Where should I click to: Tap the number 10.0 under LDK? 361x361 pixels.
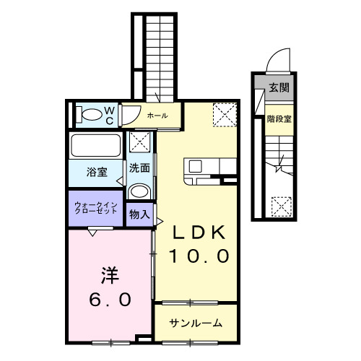pyautogui.click(x=199, y=256)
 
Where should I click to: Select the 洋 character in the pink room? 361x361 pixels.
pyautogui.click(x=109, y=275)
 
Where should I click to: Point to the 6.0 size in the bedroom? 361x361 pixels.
pyautogui.click(x=109, y=298)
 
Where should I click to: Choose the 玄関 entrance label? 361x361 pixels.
pyautogui.click(x=279, y=89)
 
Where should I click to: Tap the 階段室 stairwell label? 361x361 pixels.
pyautogui.click(x=279, y=119)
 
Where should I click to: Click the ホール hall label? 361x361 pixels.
pyautogui.click(x=157, y=116)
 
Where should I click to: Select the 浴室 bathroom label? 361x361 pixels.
pyautogui.click(x=97, y=172)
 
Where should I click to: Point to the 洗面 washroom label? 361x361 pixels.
pyautogui.click(x=140, y=168)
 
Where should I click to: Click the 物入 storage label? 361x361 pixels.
pyautogui.click(x=139, y=214)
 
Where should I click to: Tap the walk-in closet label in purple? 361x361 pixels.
pyautogui.click(x=95, y=208)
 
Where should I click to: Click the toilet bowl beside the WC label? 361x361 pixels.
pyautogui.click(x=90, y=114)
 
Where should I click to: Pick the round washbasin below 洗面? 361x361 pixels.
pyautogui.click(x=139, y=192)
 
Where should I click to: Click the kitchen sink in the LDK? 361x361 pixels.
pyautogui.click(x=196, y=167)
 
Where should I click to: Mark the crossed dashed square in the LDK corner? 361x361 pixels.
pyautogui.click(x=223, y=113)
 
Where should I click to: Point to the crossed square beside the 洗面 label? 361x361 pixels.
pyautogui.click(x=139, y=144)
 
